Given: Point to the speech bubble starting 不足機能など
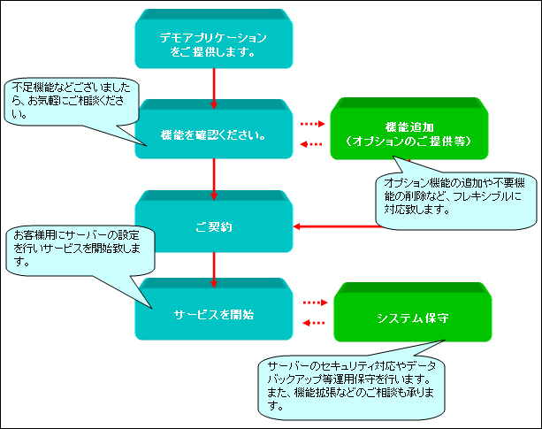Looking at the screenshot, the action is tap(71, 101).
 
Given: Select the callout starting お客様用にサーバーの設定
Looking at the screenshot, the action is tap(80, 251).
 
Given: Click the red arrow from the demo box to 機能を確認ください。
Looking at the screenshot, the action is tap(214, 88).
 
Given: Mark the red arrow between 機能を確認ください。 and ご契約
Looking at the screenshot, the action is tap(214, 180).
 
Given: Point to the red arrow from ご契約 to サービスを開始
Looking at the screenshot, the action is tap(214, 270).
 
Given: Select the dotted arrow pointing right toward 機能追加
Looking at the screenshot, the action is tap(313, 124).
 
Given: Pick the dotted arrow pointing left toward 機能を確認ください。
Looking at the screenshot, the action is tap(311, 144).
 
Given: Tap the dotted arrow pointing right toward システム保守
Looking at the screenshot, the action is tap(316, 303).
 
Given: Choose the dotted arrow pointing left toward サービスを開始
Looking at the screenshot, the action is tap(314, 323).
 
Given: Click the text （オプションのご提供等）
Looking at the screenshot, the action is tap(409, 142).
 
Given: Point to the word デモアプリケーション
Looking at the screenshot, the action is tap(213, 37).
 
